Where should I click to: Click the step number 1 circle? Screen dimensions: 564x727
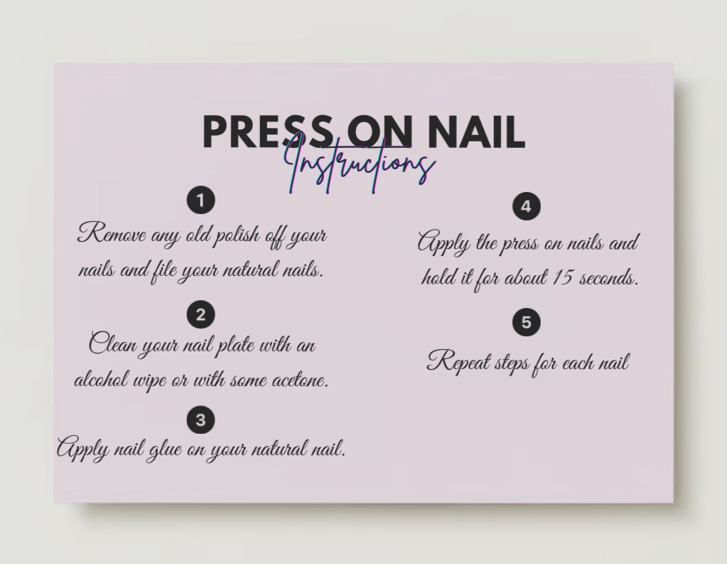[200, 201]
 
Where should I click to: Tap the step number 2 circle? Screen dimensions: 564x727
[200, 314]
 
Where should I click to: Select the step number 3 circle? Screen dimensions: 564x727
[200, 420]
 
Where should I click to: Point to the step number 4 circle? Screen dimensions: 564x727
[526, 207]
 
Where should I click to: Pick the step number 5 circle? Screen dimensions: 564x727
[526, 322]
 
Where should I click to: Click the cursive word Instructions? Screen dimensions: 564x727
[360, 166]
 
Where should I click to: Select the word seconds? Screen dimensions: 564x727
[609, 277]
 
